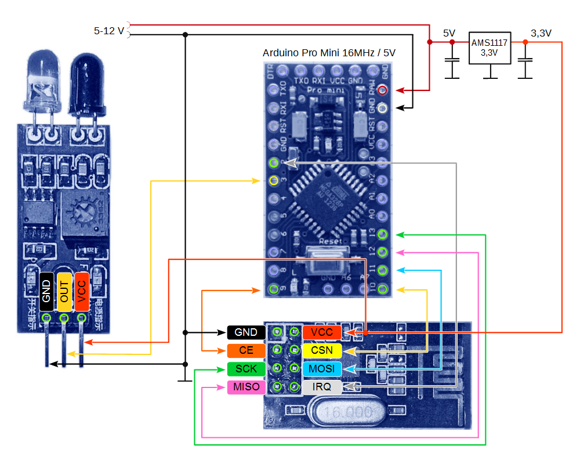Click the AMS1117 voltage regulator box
coord(490,48)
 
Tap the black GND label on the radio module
coord(246,332)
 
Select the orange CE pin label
coord(246,350)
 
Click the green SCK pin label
coord(246,369)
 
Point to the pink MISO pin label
coord(246,387)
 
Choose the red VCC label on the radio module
coord(322,332)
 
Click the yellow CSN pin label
coord(322,350)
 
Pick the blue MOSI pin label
coord(322,369)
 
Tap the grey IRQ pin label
coord(322,387)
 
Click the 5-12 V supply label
coord(109,31)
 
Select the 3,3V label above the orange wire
coord(541,33)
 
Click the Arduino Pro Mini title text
coord(329,53)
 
